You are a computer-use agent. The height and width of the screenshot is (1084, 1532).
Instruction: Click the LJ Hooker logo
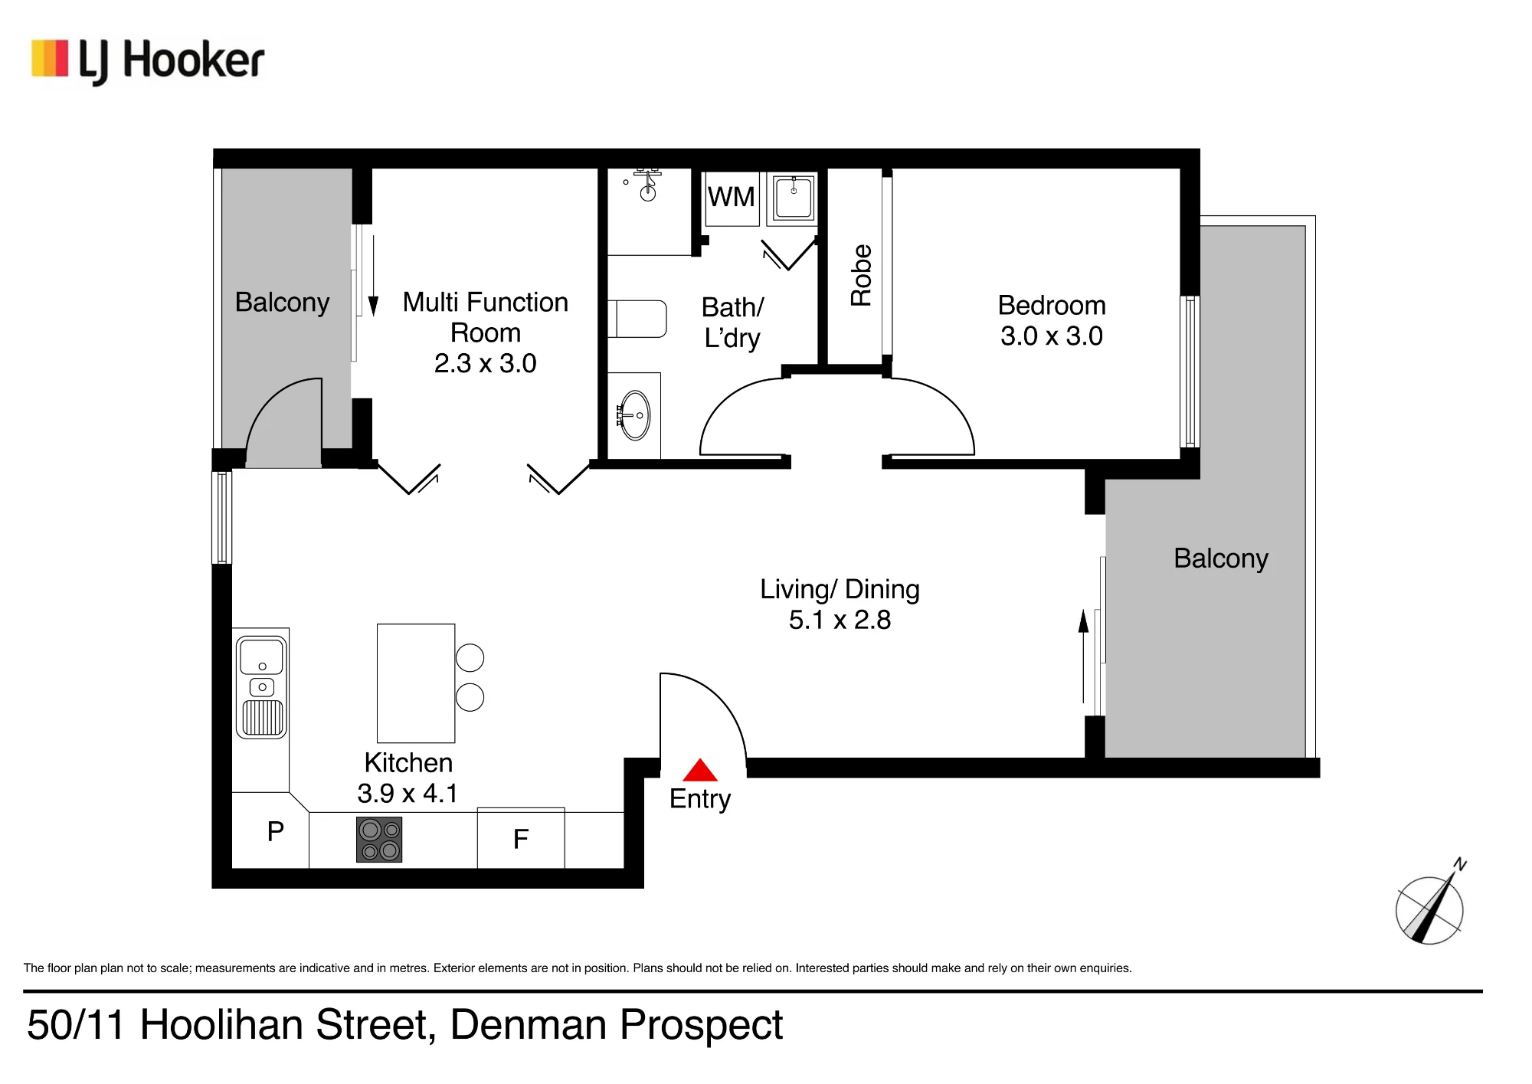(148, 61)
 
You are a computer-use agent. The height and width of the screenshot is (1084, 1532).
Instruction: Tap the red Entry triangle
(700, 770)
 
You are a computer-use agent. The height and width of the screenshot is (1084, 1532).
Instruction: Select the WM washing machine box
(732, 198)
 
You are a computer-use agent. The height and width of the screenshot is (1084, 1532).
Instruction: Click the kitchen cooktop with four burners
(379, 840)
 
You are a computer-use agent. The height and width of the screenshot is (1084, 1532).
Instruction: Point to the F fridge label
(521, 840)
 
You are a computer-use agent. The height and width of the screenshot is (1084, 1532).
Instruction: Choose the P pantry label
(276, 831)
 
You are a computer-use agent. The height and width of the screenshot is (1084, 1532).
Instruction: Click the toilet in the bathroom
(637, 319)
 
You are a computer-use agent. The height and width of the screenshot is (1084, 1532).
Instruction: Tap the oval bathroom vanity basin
(634, 415)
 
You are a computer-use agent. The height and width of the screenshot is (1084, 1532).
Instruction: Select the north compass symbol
(1430, 904)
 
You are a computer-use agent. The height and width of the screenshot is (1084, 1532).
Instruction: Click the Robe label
(861, 275)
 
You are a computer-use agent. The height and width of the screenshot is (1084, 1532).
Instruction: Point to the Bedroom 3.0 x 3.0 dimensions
(1052, 336)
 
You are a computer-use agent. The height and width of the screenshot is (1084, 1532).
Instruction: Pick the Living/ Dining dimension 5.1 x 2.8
(840, 620)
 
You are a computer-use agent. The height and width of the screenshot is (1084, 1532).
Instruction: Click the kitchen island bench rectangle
(416, 683)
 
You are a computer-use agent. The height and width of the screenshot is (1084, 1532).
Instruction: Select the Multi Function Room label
(486, 317)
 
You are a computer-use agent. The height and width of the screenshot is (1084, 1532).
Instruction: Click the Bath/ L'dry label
(732, 323)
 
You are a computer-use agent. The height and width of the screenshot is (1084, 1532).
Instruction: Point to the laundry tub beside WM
(793, 198)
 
